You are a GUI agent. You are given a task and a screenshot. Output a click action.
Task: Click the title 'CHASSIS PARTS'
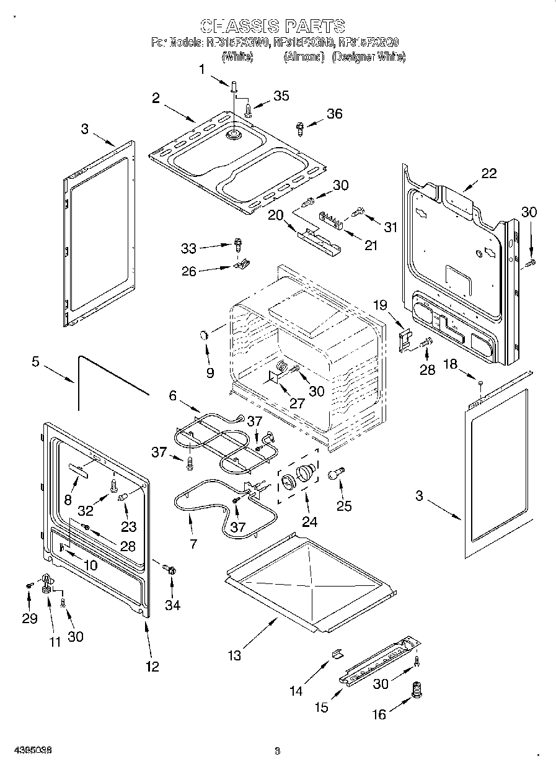click(x=273, y=26)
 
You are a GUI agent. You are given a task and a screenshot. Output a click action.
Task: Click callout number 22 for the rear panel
click(x=489, y=173)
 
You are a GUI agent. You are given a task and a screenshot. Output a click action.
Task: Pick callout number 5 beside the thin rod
click(x=35, y=361)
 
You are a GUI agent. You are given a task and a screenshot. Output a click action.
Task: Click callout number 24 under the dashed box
click(x=309, y=522)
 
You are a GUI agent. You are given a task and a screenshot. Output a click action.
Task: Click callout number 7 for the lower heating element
click(x=193, y=544)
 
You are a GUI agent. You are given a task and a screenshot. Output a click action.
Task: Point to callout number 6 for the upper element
click(x=172, y=394)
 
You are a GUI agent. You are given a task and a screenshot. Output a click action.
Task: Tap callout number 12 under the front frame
click(x=152, y=667)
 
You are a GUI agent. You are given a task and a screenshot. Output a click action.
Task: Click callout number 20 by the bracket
click(x=275, y=215)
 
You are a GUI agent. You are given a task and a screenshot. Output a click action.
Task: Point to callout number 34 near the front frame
click(x=172, y=605)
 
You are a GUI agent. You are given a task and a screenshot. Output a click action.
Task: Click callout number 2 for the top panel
click(x=156, y=97)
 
